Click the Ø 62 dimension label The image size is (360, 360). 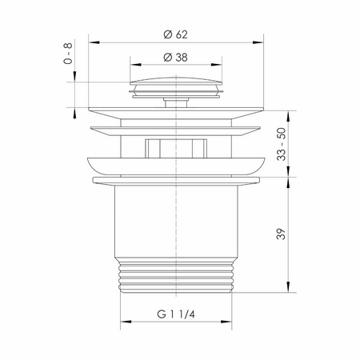pyautogui.click(x=176, y=34)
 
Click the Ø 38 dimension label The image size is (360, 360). pyautogui.click(x=176, y=58)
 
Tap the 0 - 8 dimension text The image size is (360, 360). pyautogui.click(x=68, y=54)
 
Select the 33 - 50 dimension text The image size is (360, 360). pyautogui.click(x=282, y=144)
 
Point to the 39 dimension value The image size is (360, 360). pyautogui.click(x=282, y=234)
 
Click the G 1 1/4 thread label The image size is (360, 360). pyautogui.click(x=176, y=314)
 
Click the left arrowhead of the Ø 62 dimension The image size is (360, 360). pyautogui.click(x=94, y=42)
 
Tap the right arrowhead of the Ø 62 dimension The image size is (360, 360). pyautogui.click(x=258, y=42)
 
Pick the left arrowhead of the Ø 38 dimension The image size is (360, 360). pyautogui.click(x=136, y=65)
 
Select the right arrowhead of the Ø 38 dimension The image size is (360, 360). pyautogui.click(x=216, y=65)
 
